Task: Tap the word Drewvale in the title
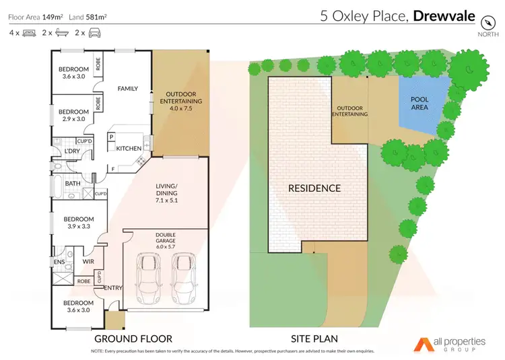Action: click(446, 15)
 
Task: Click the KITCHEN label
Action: click(129, 148)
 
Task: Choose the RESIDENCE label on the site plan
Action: click(314, 188)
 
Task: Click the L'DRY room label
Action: click(72, 151)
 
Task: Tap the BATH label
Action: click(73, 182)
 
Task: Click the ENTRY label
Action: click(112, 288)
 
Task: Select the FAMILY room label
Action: click(128, 88)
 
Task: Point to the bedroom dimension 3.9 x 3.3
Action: click(76, 227)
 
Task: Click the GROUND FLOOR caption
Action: click(133, 338)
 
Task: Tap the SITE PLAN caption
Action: click(314, 338)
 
